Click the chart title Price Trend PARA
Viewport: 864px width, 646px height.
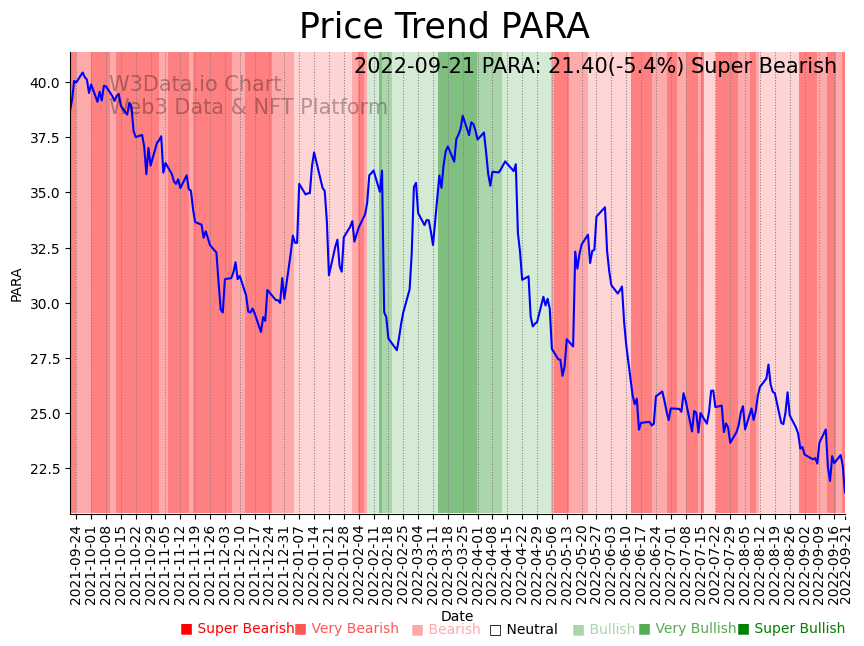tap(444, 27)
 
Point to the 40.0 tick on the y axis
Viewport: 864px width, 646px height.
tap(47, 82)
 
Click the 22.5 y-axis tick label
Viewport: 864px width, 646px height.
tap(47, 469)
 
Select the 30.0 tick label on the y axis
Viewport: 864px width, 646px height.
tap(47, 303)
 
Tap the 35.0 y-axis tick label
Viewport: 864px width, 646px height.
tap(47, 193)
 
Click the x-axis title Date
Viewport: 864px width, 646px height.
tap(457, 616)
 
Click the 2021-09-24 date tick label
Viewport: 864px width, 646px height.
tap(75, 560)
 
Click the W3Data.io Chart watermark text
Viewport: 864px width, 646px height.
tap(195, 84)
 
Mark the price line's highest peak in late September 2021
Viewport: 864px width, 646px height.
tap(83, 72)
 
